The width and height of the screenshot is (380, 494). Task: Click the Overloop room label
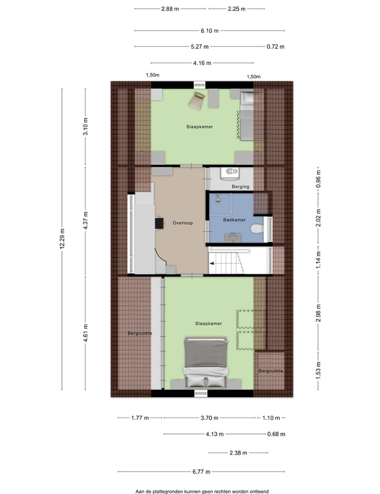coord(183,223)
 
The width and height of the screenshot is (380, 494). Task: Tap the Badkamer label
coord(235,220)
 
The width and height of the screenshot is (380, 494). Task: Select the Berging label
coord(240,187)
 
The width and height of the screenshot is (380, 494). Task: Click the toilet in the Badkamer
coord(257,228)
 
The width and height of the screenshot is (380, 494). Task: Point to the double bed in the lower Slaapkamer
coord(206,362)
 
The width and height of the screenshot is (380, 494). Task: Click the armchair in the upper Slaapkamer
coord(197,101)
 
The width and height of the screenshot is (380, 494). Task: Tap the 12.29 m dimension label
coord(62,239)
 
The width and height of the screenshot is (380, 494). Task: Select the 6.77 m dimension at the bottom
coord(201,472)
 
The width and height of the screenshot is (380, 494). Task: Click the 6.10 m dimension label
coord(210,31)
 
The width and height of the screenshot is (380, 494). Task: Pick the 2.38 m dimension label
coord(238,453)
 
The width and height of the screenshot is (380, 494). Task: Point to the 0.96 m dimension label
coord(318,179)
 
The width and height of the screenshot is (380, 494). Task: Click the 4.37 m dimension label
coord(85,220)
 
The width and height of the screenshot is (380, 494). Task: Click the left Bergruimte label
coord(140,333)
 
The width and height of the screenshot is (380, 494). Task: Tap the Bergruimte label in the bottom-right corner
coord(270,371)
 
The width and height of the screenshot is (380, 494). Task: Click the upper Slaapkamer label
coord(199,127)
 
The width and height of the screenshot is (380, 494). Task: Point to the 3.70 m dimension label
coord(209,418)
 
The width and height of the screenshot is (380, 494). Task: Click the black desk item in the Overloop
coord(160,224)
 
